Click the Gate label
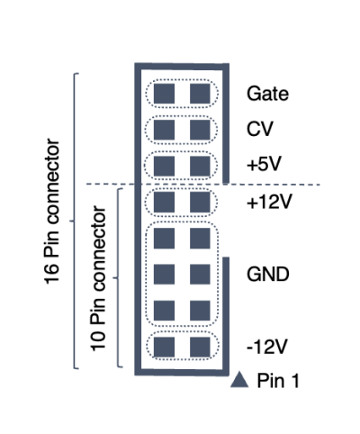[x=267, y=94]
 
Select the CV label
[x=260, y=129]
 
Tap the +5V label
[x=264, y=164]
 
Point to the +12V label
[x=269, y=202]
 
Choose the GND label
[x=268, y=274]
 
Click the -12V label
[x=266, y=347]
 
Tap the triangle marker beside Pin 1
[x=239, y=380]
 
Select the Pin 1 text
[x=278, y=381]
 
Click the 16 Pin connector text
[x=52, y=212]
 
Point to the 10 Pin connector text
[x=98, y=278]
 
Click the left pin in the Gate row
[x=164, y=94]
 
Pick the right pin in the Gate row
[x=200, y=94]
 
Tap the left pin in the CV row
[x=164, y=130]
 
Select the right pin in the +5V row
[x=200, y=166]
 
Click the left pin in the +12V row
[x=164, y=202]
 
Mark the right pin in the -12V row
[x=200, y=347]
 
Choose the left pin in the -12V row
[x=164, y=347]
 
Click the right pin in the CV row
[x=200, y=130]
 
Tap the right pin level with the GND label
[x=200, y=275]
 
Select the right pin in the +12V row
[x=200, y=202]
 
